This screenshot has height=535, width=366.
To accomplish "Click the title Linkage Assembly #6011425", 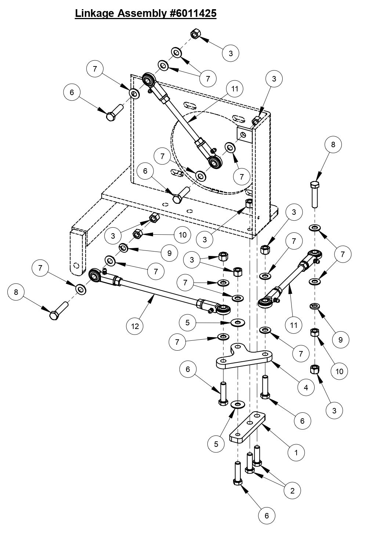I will coord(146,14).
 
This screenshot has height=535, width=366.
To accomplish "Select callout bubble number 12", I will coord(135,326).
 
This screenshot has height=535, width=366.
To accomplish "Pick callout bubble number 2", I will coord(292,490).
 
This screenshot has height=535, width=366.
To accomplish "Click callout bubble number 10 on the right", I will coord(339,371).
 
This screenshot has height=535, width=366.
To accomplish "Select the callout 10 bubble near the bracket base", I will coord(182,234).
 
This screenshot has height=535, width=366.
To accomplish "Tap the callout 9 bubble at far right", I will coord(340,340).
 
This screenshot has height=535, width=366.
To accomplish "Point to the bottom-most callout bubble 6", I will coord(267,516).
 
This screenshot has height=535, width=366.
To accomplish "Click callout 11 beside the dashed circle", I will coord(235,88).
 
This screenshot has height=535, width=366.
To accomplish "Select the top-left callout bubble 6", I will coord(72,92).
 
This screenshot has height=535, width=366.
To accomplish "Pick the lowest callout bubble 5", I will coord(216,444).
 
